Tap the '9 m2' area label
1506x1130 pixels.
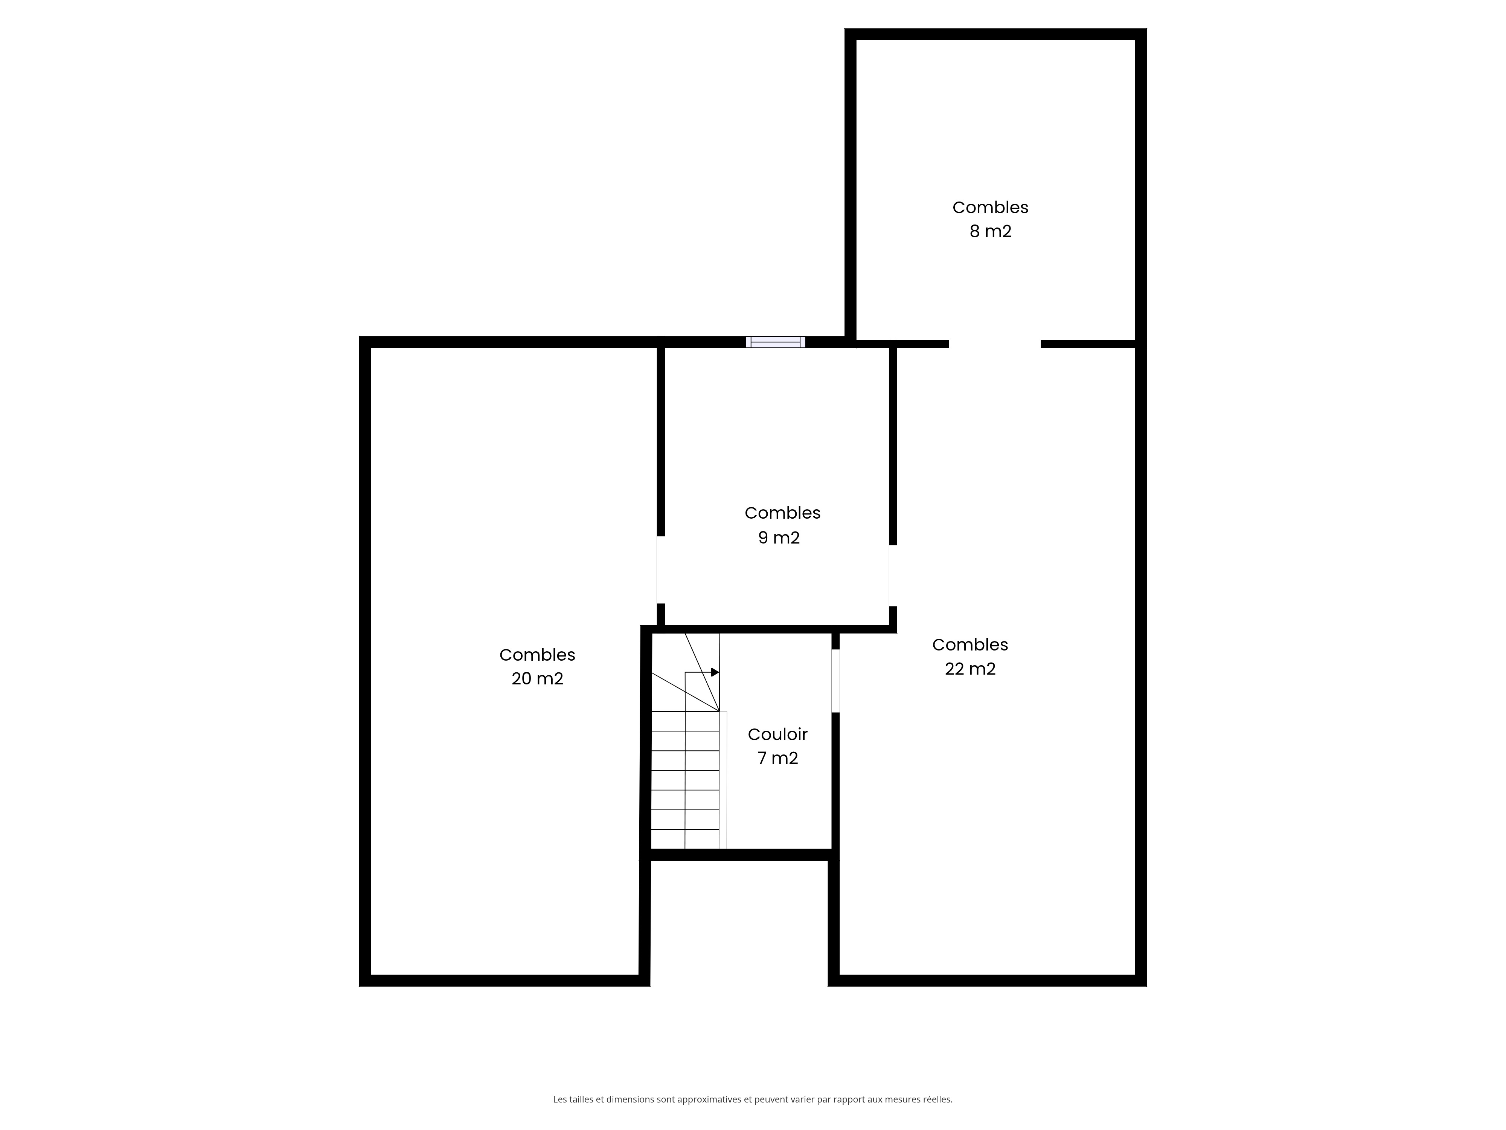click(x=779, y=538)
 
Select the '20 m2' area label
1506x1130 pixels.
click(x=537, y=679)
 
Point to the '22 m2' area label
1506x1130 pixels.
click(x=970, y=669)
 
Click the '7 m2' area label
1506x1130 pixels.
click(x=777, y=758)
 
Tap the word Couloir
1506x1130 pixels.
click(x=777, y=734)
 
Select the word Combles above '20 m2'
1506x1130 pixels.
click(x=537, y=655)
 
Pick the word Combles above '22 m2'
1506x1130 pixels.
click(x=970, y=644)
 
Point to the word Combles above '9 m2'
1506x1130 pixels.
click(x=782, y=513)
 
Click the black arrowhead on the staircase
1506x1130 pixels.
click(x=715, y=672)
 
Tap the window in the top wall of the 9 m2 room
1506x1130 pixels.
click(x=776, y=342)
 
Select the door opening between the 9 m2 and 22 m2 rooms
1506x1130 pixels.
click(x=893, y=576)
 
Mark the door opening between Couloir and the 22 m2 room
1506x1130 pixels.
click(x=835, y=681)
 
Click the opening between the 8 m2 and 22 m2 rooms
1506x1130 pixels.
click(x=995, y=343)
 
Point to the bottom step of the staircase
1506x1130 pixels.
click(x=685, y=839)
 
